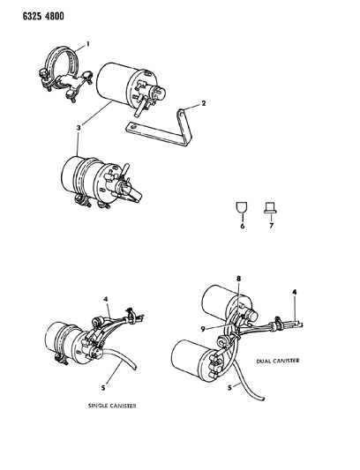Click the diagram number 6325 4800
[43, 16]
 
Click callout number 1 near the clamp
[88, 44]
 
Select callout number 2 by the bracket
[204, 103]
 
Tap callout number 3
[79, 128]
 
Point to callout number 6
[242, 226]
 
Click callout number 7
[271, 226]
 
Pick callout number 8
[238, 279]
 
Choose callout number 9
[203, 329]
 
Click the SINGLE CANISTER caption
[112, 406]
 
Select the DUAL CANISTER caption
[277, 361]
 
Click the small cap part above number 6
[242, 207]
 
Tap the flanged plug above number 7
[270, 208]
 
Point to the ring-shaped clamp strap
[64, 73]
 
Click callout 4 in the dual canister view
[295, 291]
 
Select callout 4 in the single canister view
[106, 299]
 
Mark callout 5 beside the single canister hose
[103, 388]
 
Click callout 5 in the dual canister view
[229, 387]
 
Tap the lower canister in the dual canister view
[199, 361]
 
